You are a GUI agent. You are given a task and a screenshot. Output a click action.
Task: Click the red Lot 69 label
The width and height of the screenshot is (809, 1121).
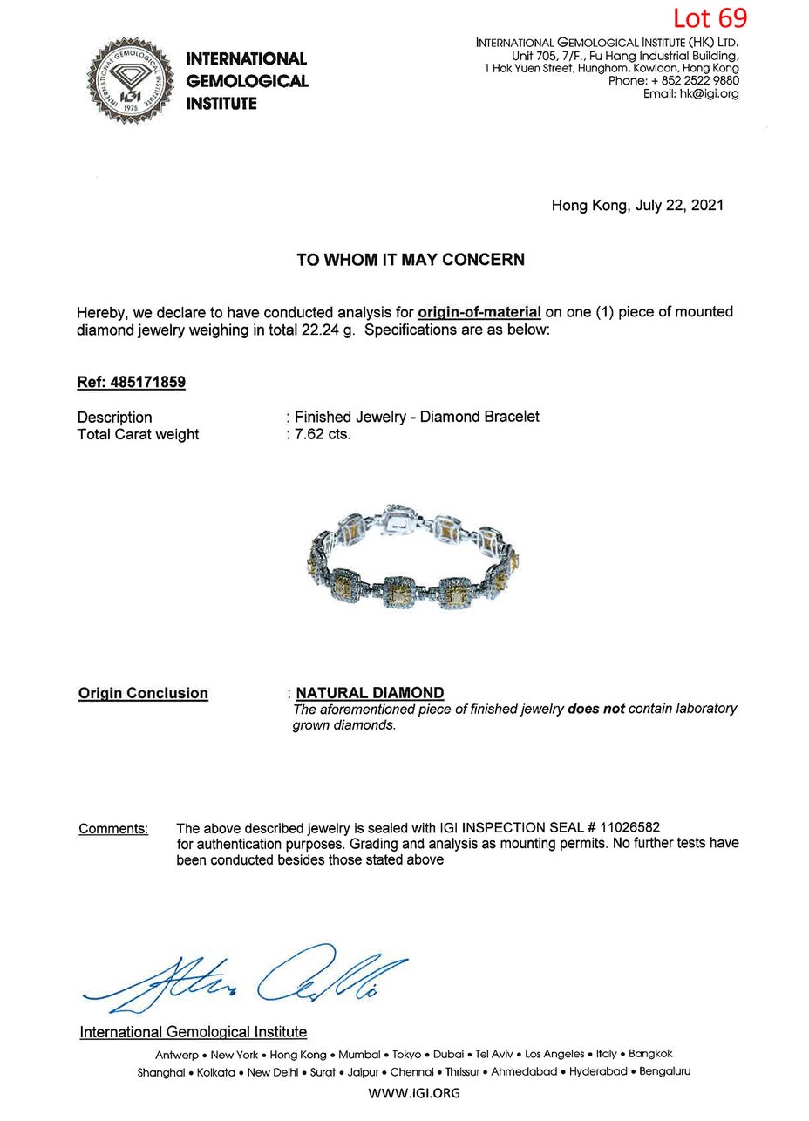709,17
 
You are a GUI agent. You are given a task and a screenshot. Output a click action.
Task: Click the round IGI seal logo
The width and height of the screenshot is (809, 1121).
129,80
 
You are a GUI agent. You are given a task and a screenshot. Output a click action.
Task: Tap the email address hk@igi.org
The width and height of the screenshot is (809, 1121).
709,94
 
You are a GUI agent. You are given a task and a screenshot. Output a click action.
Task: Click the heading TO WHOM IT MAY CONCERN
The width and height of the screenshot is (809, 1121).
411,260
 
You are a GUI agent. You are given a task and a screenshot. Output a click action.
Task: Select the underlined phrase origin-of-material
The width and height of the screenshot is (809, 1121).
479,312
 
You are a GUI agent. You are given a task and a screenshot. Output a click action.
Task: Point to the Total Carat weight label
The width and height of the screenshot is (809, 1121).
138,434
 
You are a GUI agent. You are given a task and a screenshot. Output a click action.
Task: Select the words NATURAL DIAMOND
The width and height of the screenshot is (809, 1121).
370,693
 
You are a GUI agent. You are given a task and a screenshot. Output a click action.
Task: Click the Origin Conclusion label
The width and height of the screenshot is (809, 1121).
143,693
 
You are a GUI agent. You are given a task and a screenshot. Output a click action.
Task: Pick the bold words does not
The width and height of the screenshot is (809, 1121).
596,709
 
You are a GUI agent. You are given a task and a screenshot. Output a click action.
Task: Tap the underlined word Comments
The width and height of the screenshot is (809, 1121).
113,828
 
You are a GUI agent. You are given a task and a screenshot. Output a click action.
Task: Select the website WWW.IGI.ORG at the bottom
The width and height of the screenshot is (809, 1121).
414,1093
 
